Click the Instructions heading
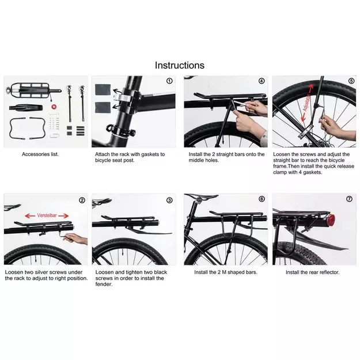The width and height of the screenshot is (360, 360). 180,66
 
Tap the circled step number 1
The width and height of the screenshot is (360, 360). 169,81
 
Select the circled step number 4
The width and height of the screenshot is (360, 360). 262,81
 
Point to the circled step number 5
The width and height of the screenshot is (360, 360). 351,81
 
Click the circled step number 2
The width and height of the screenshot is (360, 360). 82,200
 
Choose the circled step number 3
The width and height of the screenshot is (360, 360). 169,200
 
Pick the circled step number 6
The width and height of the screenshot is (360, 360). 262,199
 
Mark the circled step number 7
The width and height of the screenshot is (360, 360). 349,199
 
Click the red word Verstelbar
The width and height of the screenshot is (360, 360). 47,215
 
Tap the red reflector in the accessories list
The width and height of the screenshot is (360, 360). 54,107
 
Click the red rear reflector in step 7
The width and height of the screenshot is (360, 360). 332,220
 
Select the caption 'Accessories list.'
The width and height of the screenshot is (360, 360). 40,154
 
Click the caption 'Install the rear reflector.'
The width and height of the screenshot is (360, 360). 312,272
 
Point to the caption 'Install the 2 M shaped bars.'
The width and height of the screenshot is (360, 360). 226,272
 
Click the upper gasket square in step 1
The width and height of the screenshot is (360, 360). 103,89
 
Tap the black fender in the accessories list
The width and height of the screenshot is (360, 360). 26,108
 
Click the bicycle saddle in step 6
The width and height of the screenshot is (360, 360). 202,196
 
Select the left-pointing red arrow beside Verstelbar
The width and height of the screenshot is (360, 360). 30,216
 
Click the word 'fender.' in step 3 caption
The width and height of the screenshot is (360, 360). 104,284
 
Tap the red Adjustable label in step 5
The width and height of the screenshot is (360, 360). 307,103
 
